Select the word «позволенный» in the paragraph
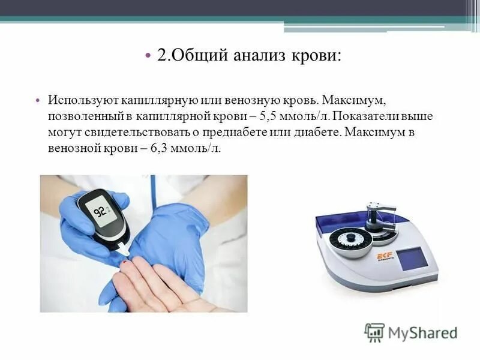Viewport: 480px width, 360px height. click(x=83, y=116)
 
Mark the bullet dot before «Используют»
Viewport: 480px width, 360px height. click(x=37, y=100)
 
